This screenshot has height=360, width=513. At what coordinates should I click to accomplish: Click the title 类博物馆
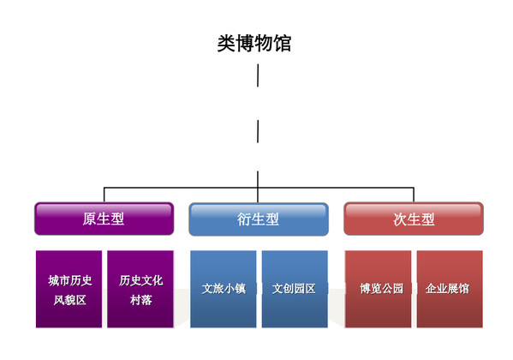(254, 43)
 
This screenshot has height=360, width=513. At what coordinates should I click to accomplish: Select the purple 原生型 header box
(104, 219)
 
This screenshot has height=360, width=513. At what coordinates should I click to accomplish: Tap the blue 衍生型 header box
(259, 219)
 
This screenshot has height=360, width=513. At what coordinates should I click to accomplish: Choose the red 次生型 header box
(414, 219)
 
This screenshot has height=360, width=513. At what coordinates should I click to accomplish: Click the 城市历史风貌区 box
(69, 289)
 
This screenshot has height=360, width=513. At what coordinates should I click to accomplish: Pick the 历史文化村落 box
(140, 289)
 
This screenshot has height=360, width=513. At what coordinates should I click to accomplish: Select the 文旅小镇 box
(224, 289)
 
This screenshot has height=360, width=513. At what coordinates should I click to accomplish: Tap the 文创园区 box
(295, 289)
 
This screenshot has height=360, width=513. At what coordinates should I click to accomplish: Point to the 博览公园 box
(379, 289)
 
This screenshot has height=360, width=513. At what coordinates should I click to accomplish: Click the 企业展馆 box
(450, 289)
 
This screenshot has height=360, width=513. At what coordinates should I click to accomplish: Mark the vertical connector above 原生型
(104, 195)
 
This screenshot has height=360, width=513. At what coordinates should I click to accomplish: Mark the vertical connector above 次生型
(414, 195)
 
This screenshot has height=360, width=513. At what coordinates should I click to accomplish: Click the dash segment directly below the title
(258, 75)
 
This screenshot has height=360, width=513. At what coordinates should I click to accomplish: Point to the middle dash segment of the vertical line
(258, 131)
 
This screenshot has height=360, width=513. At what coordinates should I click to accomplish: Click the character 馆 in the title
(283, 43)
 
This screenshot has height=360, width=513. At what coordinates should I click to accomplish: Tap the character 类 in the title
(226, 43)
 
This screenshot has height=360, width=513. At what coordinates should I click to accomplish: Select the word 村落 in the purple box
(141, 300)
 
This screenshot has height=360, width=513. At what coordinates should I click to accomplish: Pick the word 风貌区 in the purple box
(69, 300)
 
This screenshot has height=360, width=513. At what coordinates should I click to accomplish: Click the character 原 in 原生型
(90, 219)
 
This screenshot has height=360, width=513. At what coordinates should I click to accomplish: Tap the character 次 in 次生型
(400, 219)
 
